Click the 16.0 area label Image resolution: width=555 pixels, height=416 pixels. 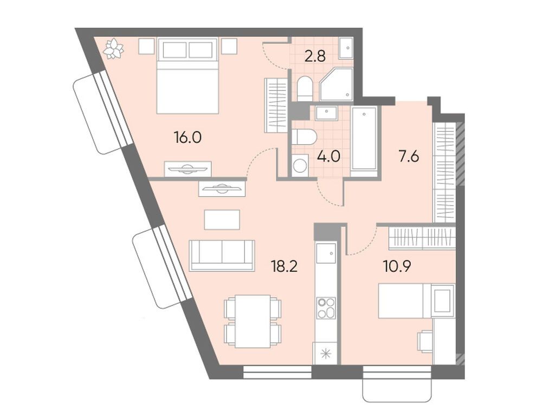click(x=188, y=138)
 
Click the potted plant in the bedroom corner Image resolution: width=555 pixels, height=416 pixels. click(x=114, y=49)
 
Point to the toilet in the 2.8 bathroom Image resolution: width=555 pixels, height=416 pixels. click(x=305, y=88)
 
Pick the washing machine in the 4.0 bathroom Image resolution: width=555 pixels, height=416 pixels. click(x=300, y=165)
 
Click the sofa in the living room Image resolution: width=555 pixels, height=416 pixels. click(x=222, y=255)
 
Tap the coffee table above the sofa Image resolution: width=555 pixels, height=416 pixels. click(x=222, y=219)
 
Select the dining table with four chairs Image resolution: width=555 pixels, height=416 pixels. click(x=253, y=321)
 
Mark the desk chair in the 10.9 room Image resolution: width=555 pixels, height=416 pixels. click(x=424, y=342)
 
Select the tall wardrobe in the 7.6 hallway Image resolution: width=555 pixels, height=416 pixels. click(x=444, y=172)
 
